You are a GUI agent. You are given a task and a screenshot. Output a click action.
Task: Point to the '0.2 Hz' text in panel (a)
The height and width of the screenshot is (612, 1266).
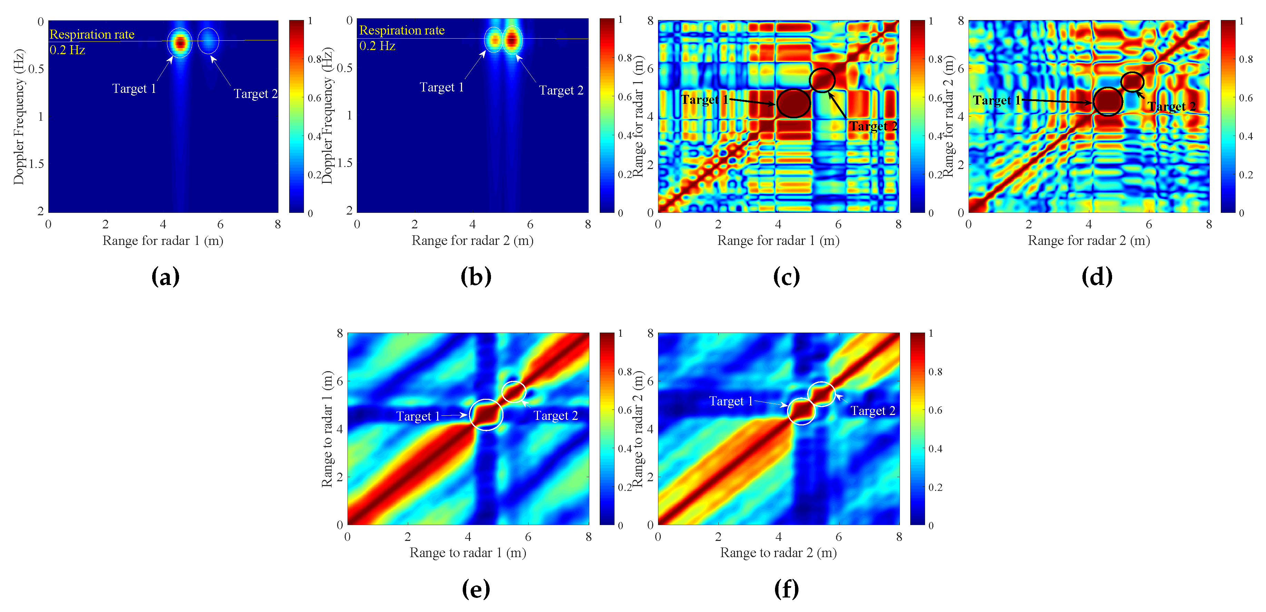click(x=67, y=50)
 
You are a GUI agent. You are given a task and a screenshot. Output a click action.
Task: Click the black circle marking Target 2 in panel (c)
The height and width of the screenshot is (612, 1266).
click(x=822, y=80)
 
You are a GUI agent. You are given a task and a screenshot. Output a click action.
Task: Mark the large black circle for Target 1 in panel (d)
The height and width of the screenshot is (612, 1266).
click(x=1108, y=102)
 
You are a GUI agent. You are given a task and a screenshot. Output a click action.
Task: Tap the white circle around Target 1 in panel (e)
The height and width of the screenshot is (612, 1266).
click(x=486, y=415)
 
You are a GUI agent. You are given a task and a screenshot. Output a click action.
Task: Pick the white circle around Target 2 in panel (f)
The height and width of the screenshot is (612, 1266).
click(x=821, y=394)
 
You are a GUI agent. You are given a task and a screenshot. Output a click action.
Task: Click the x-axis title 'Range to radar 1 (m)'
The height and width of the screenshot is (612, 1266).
click(x=468, y=553)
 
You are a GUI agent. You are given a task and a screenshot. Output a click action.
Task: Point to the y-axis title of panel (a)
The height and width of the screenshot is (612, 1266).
click(x=19, y=117)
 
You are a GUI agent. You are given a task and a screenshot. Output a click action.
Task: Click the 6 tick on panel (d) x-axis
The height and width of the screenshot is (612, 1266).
click(x=1149, y=225)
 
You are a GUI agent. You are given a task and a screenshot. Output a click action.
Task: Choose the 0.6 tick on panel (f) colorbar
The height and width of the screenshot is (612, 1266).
click(x=935, y=410)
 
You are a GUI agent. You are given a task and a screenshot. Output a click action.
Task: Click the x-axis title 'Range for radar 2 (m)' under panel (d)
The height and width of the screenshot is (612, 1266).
click(x=1089, y=241)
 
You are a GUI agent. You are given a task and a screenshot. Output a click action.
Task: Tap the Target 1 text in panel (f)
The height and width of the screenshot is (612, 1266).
click(x=731, y=401)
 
